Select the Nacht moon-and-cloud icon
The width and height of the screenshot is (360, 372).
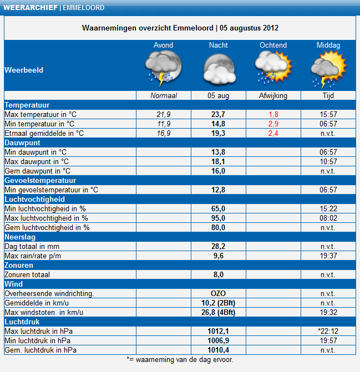pos(219,69)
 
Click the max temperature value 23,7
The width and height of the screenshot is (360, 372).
pos(218,114)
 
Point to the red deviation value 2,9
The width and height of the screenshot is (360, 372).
pos(273,124)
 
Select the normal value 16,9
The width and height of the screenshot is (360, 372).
pos(164,133)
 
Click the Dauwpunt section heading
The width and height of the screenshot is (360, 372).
pos(22,143)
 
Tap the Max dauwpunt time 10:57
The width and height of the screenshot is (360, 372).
pos(328,161)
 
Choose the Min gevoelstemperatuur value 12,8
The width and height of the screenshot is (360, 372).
pos(218,190)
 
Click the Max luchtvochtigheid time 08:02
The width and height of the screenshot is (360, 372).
pos(328,218)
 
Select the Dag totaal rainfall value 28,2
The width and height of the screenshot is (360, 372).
pos(218,246)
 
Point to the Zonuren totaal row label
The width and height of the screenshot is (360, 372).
pos(27,275)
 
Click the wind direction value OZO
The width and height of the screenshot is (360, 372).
pos(218,293)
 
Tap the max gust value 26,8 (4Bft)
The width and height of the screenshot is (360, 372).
pos(218,312)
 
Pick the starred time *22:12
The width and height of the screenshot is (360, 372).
pos(328,331)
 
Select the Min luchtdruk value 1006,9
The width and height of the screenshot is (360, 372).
pos(218,340)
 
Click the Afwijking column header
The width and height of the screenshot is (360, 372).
pos(273,95)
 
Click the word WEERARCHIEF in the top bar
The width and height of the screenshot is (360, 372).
pos(31,8)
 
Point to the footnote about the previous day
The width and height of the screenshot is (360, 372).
pos(180,360)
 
